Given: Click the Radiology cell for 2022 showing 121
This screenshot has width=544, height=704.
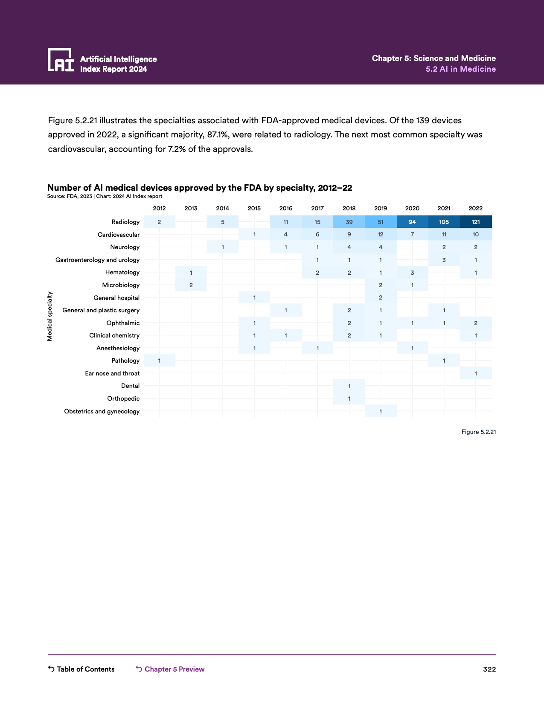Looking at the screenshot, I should (475, 222).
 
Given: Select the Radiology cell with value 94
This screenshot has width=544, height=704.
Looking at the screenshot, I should (412, 222).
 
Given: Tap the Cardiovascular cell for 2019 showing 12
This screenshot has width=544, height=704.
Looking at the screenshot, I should (381, 234).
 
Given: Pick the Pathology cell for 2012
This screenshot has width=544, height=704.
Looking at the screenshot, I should (159, 361).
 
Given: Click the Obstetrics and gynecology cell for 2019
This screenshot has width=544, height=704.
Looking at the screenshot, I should (381, 411).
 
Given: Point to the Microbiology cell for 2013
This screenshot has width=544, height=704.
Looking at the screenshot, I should (191, 285).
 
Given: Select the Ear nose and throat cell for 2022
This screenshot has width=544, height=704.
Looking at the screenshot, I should (475, 373).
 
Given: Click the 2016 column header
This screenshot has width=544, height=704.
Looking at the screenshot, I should (286, 208).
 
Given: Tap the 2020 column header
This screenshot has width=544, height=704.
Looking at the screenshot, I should (412, 208).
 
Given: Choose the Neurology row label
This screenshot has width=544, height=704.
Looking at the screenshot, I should (125, 247).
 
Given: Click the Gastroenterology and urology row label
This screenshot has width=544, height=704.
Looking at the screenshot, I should (97, 260).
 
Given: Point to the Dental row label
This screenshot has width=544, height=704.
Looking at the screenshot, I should (130, 386).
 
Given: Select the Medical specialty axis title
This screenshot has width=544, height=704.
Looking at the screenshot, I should (49, 316).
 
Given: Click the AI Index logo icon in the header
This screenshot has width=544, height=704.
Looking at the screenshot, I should (61, 60).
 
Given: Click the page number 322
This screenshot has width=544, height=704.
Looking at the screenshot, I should (489, 669).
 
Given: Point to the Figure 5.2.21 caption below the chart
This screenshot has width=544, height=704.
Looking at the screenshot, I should (478, 432).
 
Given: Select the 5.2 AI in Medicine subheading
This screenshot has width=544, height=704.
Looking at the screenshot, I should (460, 69).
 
